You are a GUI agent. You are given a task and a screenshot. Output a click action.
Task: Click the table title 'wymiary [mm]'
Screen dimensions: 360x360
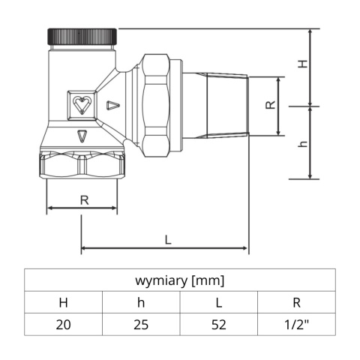point(179,281)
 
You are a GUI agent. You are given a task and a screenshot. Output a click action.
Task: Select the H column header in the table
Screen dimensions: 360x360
point(63,303)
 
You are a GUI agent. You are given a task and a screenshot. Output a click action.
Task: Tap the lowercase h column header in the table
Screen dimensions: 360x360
point(140,303)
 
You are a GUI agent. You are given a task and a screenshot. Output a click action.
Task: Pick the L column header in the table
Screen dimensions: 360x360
point(218,303)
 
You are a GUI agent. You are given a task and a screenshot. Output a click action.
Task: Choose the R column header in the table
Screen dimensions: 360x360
point(296,303)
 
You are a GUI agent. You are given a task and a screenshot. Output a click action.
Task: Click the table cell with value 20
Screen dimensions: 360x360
point(63,325)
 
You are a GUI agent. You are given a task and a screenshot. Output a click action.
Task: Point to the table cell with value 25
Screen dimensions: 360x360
point(140,325)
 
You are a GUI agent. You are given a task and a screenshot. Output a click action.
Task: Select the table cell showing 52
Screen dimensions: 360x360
point(218,325)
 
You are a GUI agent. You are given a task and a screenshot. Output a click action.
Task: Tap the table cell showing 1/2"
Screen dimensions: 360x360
point(296,325)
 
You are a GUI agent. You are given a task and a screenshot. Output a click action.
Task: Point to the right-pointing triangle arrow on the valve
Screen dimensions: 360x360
point(112,105)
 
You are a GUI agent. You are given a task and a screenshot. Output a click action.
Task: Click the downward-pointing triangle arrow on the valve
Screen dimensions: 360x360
point(82,136)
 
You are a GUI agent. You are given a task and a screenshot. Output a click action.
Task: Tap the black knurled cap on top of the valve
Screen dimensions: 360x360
point(82,36)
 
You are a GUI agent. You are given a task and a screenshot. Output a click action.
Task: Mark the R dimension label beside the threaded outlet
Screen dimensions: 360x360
point(269,106)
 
